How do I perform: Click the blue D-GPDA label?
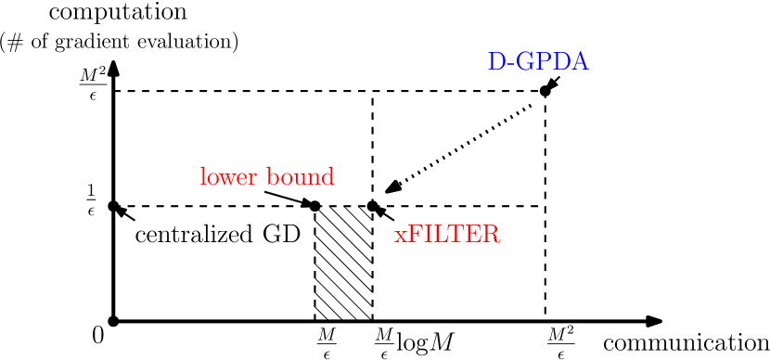(538, 62)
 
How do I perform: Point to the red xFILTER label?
(447, 235)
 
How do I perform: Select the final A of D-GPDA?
(579, 62)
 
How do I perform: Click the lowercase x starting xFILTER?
(401, 237)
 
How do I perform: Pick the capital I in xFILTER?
(429, 235)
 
